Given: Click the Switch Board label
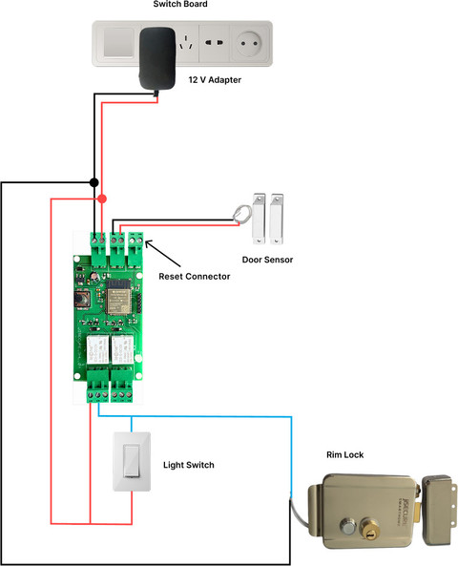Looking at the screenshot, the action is [x=180, y=4].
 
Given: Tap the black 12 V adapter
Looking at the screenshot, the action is [x=157, y=58].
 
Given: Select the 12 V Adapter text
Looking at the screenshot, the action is [x=215, y=80].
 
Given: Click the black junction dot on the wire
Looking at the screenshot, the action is [x=94, y=182].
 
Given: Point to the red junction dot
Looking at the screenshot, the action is [x=102, y=199].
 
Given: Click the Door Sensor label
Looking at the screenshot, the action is [x=267, y=260].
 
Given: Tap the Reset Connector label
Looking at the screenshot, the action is [x=194, y=277].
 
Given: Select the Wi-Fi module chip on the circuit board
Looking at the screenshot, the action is [x=117, y=297].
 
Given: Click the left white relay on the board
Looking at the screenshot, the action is [x=97, y=349].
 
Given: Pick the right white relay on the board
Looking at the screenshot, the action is [x=122, y=349].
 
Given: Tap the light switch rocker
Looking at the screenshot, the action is [x=131, y=461].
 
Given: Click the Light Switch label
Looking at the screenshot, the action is [x=188, y=465].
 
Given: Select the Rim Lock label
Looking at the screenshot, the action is [x=345, y=455].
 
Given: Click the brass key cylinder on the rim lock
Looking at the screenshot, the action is [x=369, y=530].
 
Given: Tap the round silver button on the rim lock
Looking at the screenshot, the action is [x=348, y=527].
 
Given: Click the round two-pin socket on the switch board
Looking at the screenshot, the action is [x=249, y=43].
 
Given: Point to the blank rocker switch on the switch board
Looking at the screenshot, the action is [x=118, y=43].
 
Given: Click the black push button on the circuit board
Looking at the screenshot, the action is [x=81, y=300].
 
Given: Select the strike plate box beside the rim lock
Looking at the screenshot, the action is [x=438, y=510].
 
